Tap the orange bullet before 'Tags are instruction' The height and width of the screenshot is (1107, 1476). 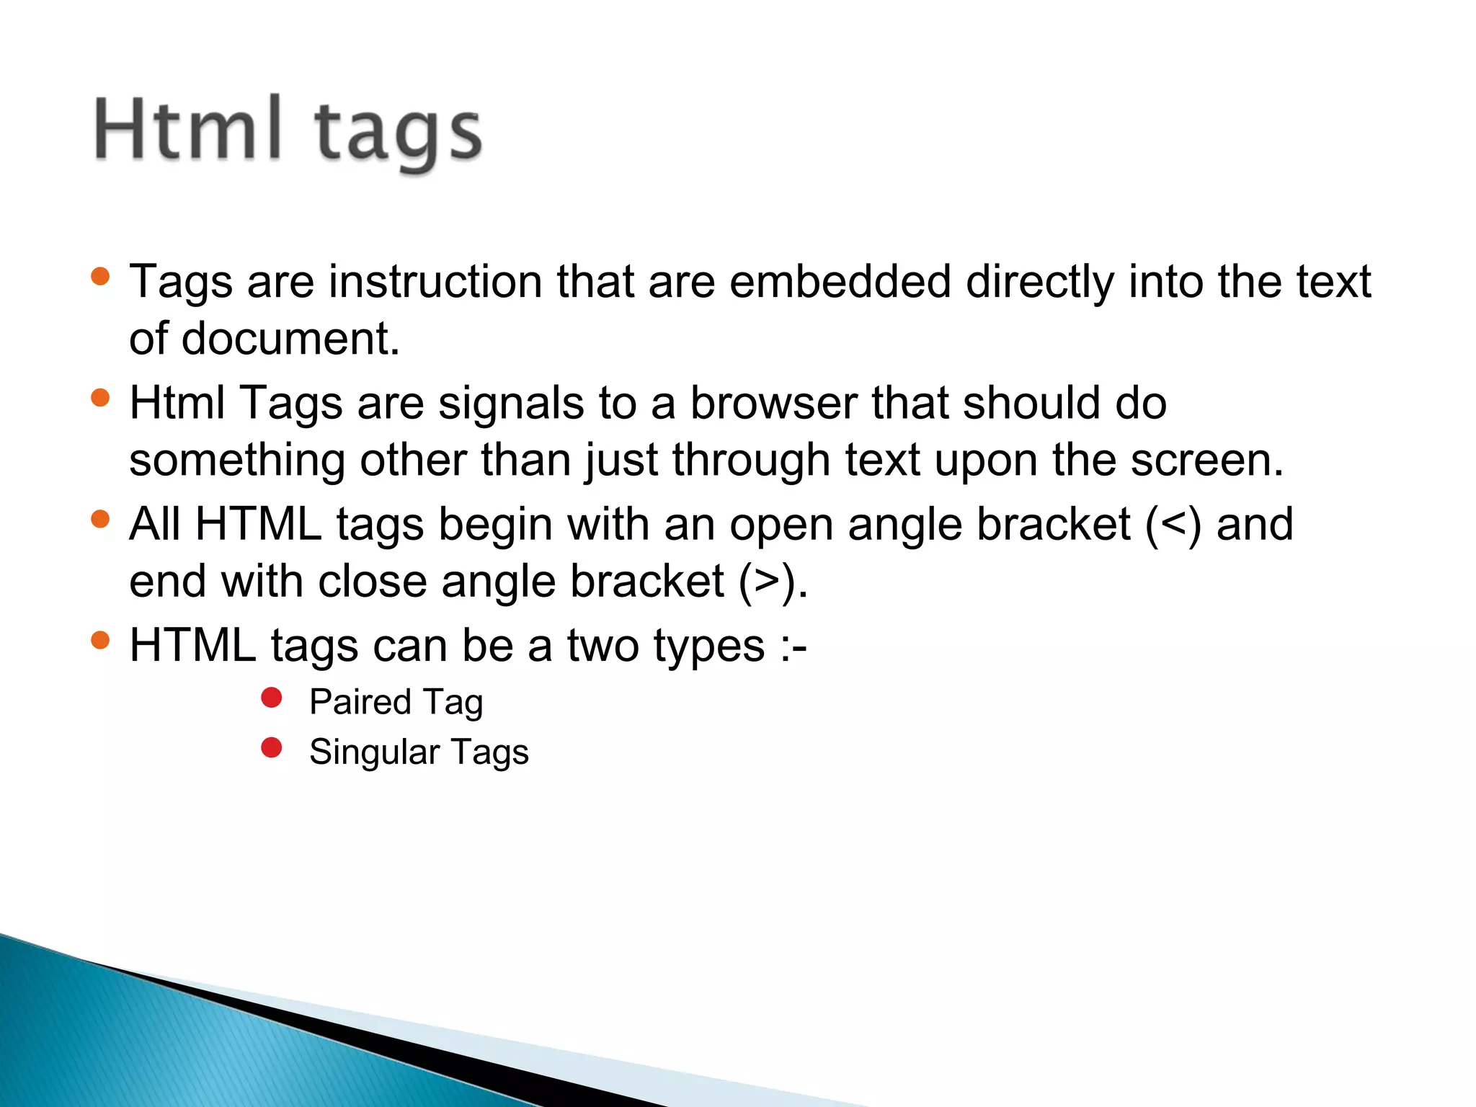tap(101, 276)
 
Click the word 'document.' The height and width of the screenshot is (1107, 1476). tap(290, 339)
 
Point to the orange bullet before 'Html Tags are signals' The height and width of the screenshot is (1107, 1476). tap(101, 398)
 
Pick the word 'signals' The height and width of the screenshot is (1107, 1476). tap(511, 403)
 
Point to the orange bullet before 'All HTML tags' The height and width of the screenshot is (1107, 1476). tap(101, 519)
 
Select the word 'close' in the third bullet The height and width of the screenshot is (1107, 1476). tap(372, 581)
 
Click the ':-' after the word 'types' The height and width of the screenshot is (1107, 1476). tap(793, 646)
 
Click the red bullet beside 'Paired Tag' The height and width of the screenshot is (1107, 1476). tap(272, 698)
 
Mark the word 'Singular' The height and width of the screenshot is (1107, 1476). tap(374, 752)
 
